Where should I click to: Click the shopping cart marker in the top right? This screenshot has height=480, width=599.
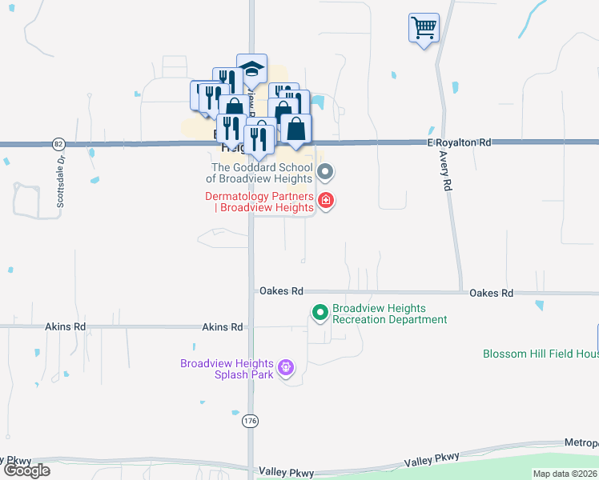point(424,28)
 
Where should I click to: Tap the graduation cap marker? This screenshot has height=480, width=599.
point(251,70)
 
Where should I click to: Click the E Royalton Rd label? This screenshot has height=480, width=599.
point(459,142)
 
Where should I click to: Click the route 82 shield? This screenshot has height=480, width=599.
point(58,144)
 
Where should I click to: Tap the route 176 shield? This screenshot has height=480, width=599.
point(251,420)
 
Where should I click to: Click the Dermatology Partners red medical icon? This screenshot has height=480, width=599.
point(326,200)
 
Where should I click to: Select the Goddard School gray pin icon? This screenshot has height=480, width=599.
point(325,171)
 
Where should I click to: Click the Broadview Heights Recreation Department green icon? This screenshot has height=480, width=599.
point(320,313)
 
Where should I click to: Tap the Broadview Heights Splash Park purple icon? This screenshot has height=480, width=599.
point(287,369)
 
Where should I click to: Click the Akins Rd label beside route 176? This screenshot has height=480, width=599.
point(223,327)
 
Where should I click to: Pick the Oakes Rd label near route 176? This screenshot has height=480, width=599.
point(281,292)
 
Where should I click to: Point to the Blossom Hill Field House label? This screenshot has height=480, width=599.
point(540,354)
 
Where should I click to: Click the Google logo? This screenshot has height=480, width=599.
point(26,470)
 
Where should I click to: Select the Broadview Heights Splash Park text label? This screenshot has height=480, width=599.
point(227,369)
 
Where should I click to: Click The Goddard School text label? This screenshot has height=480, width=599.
point(262,173)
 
